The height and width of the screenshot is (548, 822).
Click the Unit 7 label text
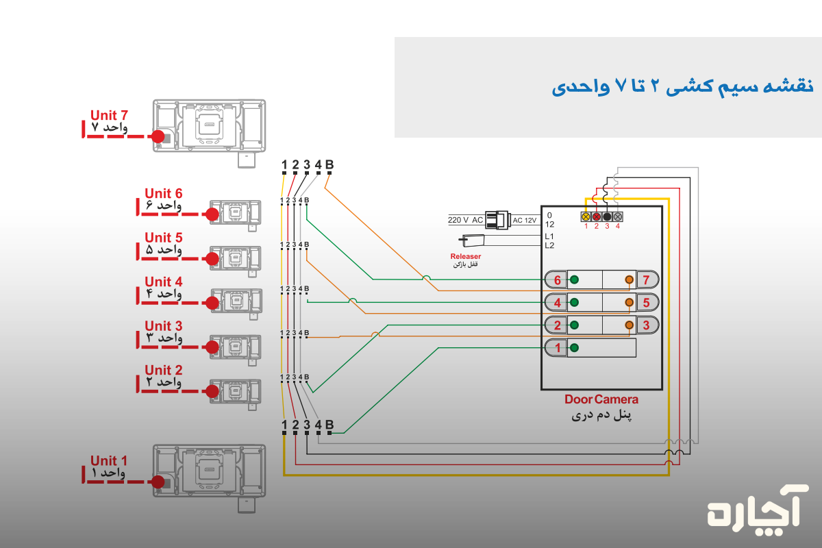point(109,116)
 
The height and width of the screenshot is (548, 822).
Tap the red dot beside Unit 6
point(212,214)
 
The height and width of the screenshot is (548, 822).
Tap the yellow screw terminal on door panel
point(586,216)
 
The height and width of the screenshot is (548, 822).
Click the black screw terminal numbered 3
point(607,216)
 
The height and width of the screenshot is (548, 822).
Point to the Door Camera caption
point(601,399)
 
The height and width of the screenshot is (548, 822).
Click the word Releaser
point(466,256)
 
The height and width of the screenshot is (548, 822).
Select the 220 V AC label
point(465,220)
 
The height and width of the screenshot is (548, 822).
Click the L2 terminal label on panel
point(549,245)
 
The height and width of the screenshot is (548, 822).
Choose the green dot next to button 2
point(574,325)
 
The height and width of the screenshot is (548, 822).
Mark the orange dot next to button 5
point(629,302)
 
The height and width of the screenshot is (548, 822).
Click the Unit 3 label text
point(163,326)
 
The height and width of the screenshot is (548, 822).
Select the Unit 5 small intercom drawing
point(235,258)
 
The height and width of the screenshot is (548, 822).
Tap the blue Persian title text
point(682,87)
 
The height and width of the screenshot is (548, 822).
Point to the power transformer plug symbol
point(498,220)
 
